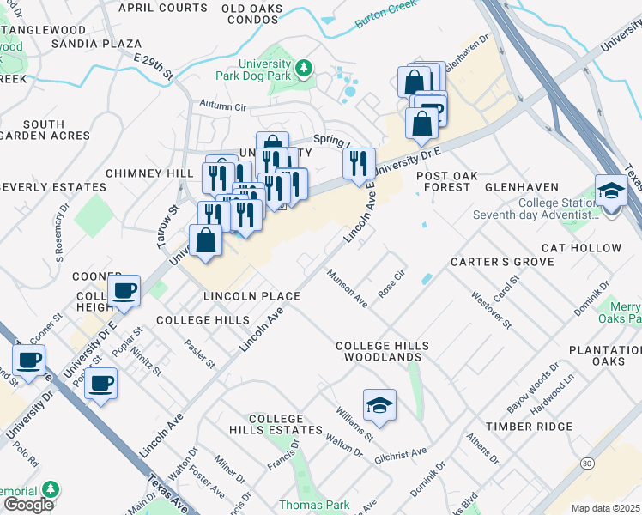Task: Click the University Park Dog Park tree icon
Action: (302, 67)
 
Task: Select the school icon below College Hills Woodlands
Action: (379, 403)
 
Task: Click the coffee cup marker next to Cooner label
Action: (124, 291)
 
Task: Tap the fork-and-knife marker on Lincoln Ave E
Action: (359, 161)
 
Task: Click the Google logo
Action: (27, 505)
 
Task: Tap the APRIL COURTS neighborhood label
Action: (162, 7)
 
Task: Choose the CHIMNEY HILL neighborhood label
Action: (149, 173)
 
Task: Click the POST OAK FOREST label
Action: (444, 181)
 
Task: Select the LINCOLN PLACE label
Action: (251, 296)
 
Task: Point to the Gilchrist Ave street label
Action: (401, 456)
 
